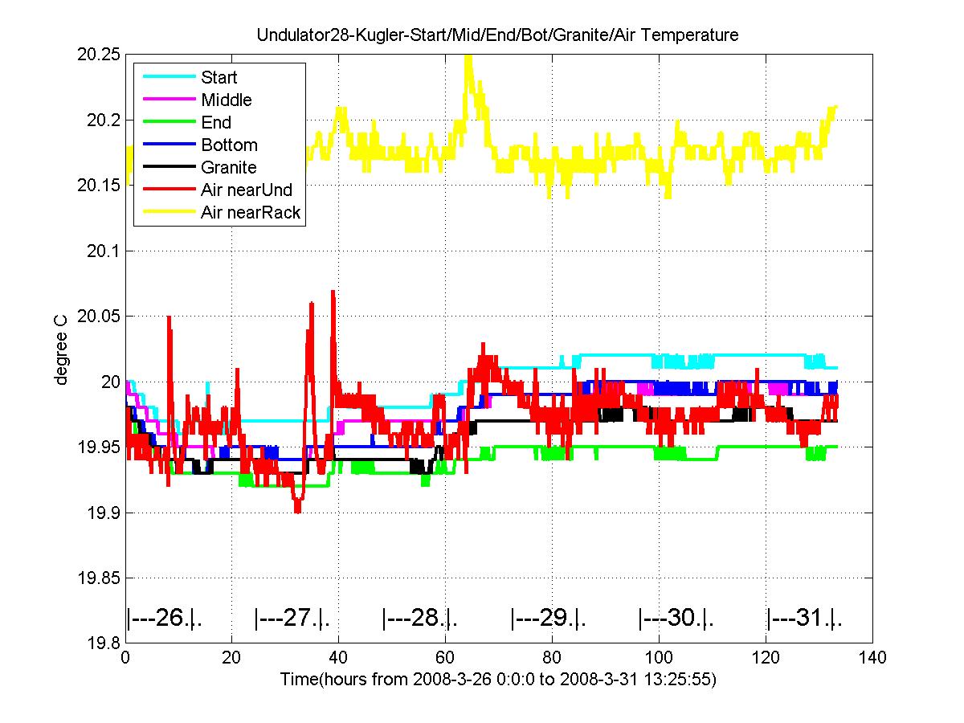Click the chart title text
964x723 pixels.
coord(497,35)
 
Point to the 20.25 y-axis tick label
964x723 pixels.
coord(98,55)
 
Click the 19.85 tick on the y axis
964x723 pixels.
coord(98,578)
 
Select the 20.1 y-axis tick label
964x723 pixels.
coord(103,251)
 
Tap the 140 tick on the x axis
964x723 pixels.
coord(872,657)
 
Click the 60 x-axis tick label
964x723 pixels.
coord(445,657)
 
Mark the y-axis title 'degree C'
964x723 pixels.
coord(60,350)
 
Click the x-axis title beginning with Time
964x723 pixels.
coord(499,679)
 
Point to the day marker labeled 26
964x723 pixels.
coord(164,618)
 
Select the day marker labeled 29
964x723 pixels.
coord(548,618)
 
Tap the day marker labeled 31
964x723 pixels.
coord(804,618)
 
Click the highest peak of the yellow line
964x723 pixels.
coord(468,56)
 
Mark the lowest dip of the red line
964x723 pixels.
coord(298,511)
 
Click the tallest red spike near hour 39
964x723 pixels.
coord(333,292)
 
